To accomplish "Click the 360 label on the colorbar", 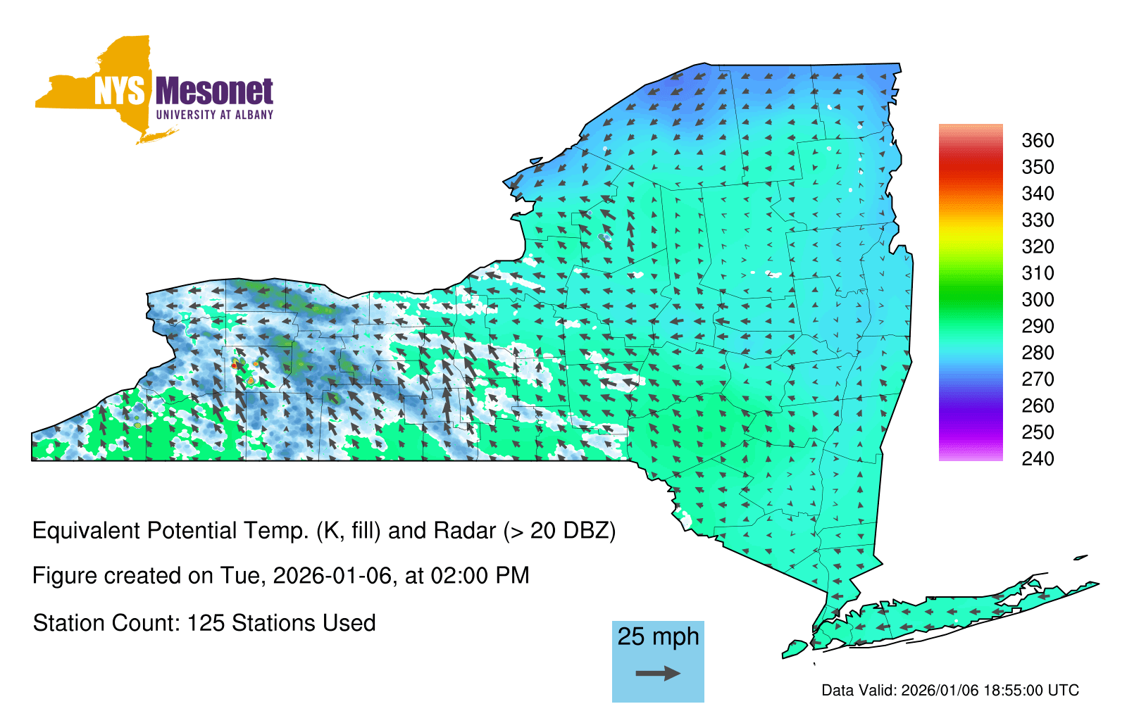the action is pos(1038,140).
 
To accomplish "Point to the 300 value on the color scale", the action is pos(1038,300).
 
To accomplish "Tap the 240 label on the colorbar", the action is pos(1038,458).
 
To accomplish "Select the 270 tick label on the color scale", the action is pos(1038,379).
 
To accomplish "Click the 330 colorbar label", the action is pos(1038,220).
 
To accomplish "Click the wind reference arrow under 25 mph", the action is pos(658,673).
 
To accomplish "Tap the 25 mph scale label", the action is pos(658,636).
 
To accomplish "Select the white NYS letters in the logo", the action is pos(119,91).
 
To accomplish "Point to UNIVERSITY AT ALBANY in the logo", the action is pos(215,115).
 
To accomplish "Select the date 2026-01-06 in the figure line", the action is pos(332,576).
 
